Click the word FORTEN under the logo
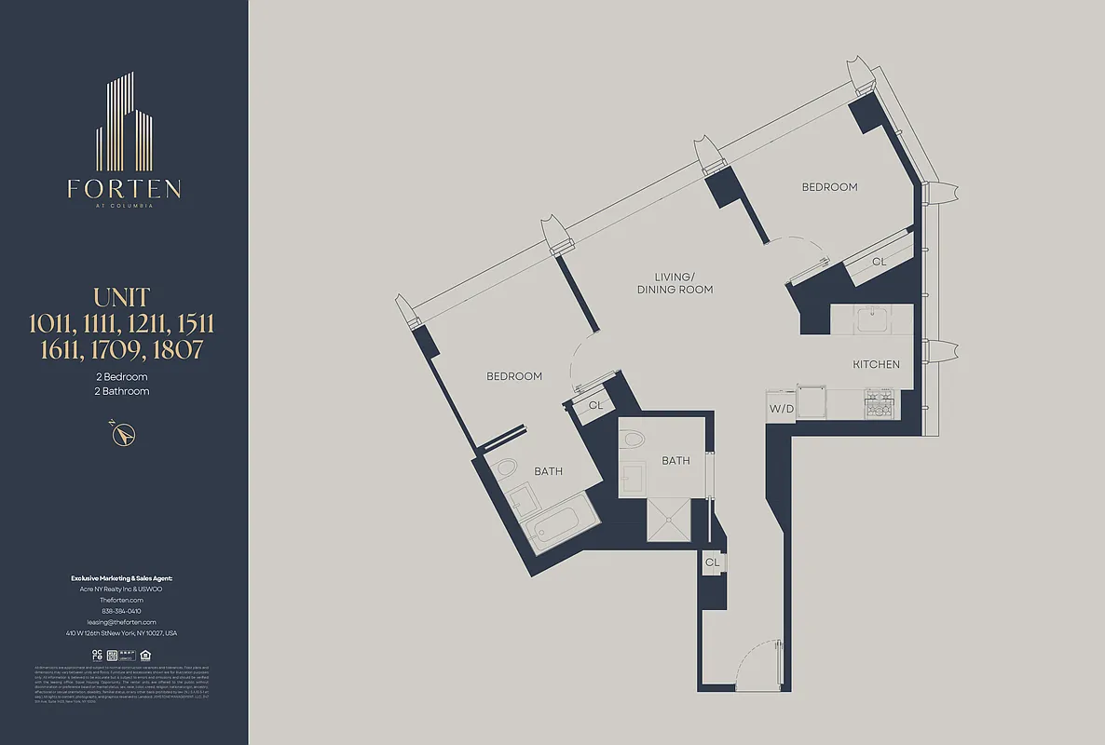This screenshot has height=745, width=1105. click(x=124, y=189)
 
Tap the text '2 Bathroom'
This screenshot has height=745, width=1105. click(x=123, y=391)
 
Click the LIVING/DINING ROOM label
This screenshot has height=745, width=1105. click(x=675, y=283)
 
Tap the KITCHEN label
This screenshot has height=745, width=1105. click(x=876, y=364)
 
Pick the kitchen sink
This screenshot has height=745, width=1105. click(x=872, y=321)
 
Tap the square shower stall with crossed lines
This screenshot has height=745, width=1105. click(x=670, y=517)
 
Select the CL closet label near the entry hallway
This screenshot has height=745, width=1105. click(x=712, y=562)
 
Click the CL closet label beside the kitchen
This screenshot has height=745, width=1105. click(x=879, y=262)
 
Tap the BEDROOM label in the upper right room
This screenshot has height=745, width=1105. click(x=829, y=187)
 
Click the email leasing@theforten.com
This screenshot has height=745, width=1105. click(x=122, y=621)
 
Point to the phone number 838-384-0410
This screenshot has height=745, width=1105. click(x=122, y=611)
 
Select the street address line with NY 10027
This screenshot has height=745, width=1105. click(x=122, y=633)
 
